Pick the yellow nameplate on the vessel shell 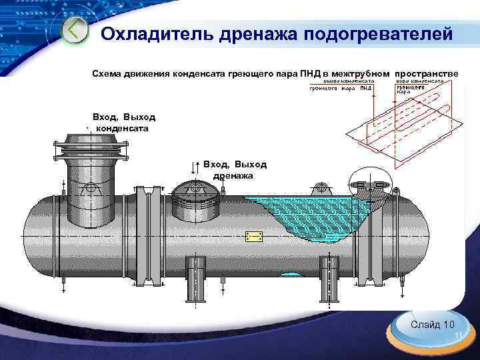(253, 237)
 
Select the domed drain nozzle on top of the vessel (197, 201)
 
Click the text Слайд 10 (433, 325)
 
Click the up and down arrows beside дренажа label (195, 168)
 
